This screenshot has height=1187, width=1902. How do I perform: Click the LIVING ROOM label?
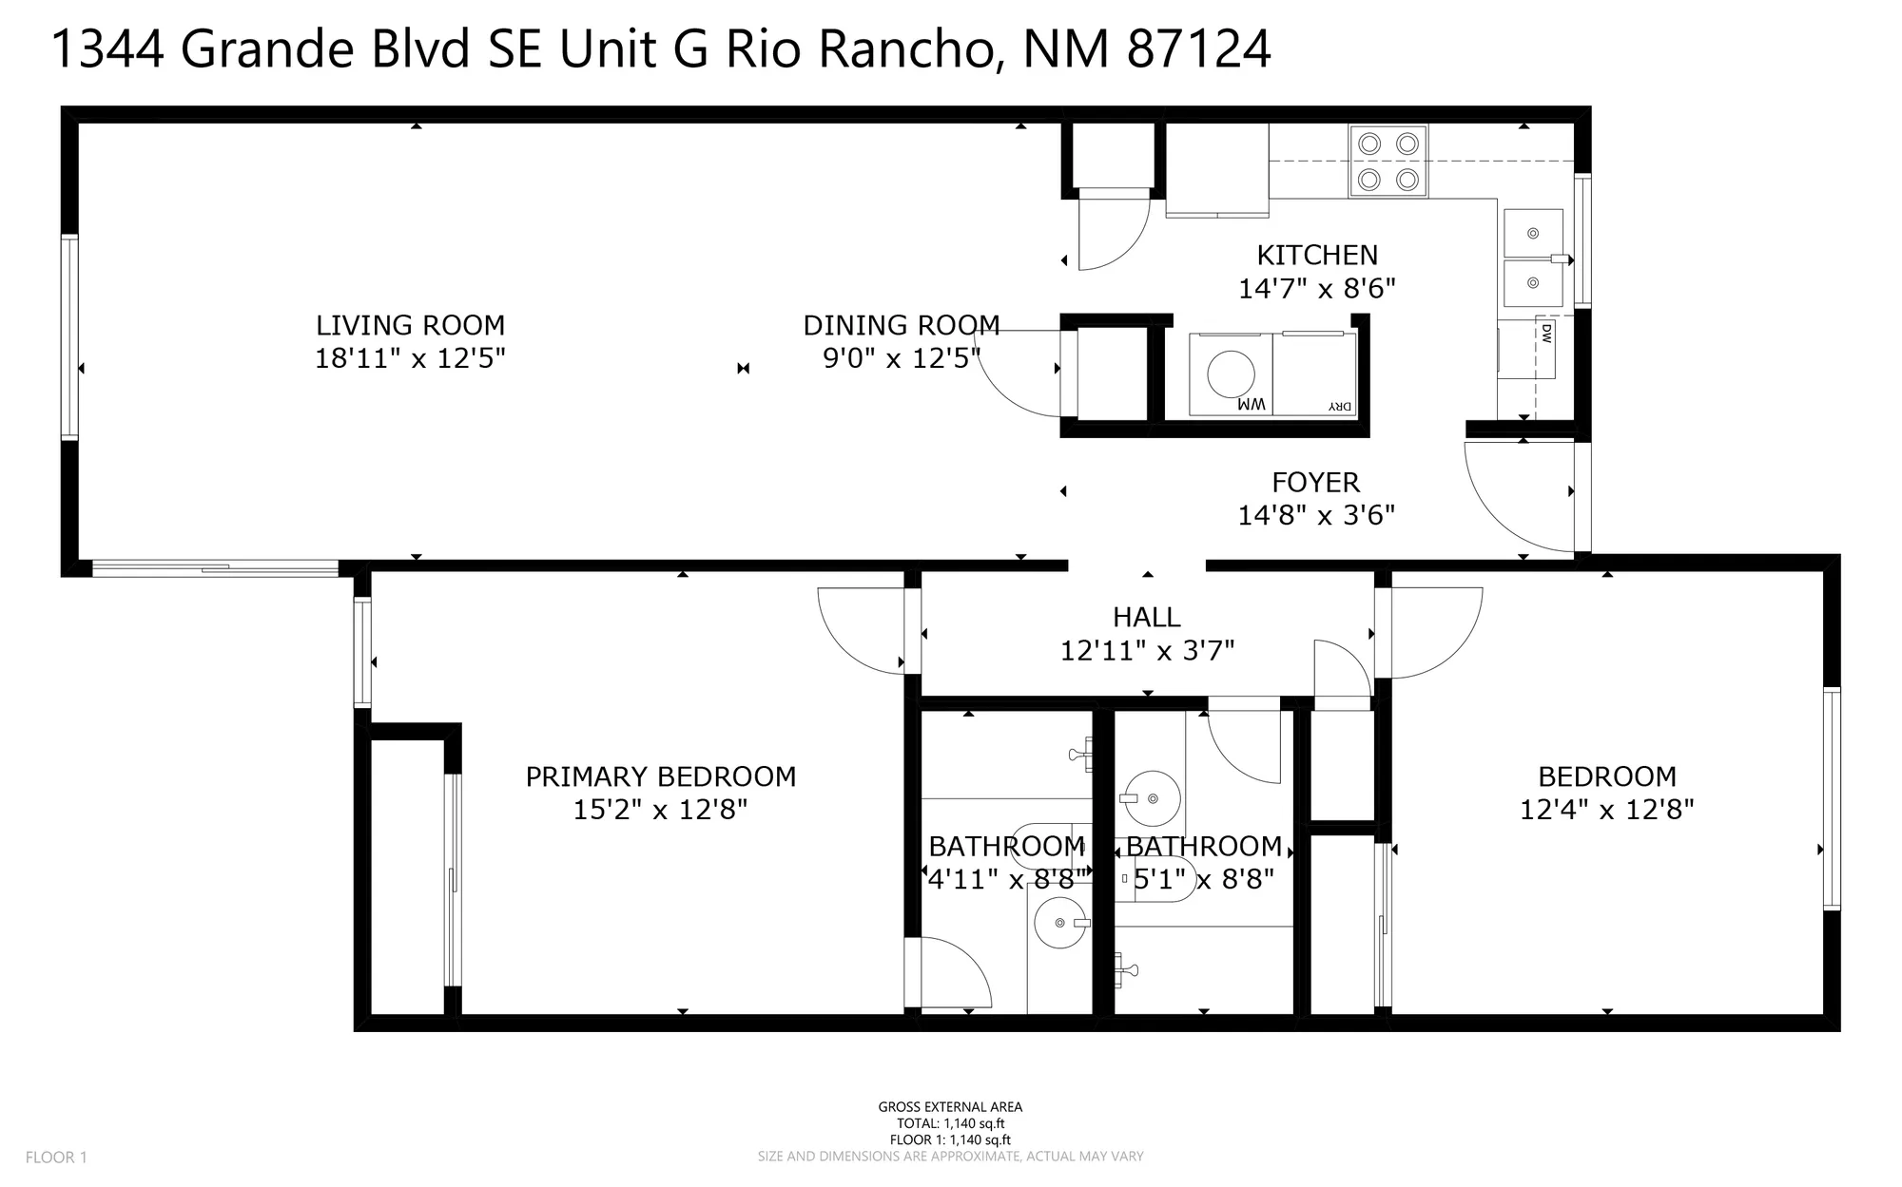(x=410, y=325)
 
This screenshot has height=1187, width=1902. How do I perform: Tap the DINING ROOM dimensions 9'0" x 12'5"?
(x=901, y=359)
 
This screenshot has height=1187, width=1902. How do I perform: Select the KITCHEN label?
(x=1317, y=255)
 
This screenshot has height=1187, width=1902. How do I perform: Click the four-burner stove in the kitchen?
(x=1388, y=162)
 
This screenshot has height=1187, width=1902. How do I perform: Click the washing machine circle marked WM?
(x=1231, y=373)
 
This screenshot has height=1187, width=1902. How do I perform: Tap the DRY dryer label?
(x=1339, y=406)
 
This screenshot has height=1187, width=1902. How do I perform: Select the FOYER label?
(x=1316, y=482)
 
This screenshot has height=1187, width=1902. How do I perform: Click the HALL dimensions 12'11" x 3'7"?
(x=1147, y=651)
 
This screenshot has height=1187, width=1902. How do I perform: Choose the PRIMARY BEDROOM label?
(x=661, y=776)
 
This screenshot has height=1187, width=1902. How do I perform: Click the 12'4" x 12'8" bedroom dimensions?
(x=1607, y=810)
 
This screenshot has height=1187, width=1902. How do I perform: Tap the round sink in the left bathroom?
(x=1059, y=922)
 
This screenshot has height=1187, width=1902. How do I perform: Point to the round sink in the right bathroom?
(x=1153, y=798)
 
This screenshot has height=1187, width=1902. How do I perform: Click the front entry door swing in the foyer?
(x=1522, y=499)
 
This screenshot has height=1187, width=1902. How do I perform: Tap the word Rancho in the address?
(x=903, y=49)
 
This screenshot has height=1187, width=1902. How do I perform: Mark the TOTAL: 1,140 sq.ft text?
(x=950, y=1123)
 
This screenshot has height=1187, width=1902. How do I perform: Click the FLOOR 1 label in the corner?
(x=56, y=1158)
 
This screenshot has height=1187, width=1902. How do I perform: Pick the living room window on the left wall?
(x=69, y=336)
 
